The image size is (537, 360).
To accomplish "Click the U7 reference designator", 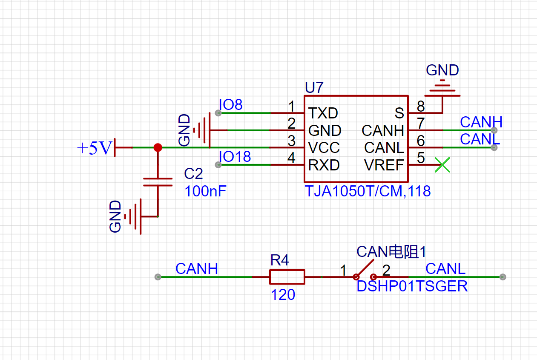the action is coord(314,87).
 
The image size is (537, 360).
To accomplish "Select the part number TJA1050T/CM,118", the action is coord(368,191).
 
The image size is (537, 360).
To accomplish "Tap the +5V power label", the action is coord(95,148).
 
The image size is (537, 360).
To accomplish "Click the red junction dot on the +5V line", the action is coord(158,147).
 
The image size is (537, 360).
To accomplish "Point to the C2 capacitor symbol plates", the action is coord(158,182).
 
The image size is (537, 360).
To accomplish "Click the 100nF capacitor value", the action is coord(205,191).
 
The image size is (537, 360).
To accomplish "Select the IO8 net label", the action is coord(231,104).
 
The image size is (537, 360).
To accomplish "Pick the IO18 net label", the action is coord(235,156).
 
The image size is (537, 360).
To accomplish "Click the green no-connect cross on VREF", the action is coord(442,165).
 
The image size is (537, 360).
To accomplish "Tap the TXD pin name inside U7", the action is coord(323,113).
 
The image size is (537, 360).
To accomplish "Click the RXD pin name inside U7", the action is coord(324,165).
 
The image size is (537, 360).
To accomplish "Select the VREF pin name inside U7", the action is coord(384,165).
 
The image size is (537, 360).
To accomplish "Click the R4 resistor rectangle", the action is coord(287,277).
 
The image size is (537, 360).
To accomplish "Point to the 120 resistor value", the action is coord(283,295).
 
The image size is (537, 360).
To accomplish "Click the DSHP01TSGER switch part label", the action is coord(412,286).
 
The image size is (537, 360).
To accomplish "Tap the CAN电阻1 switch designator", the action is coord(391,252).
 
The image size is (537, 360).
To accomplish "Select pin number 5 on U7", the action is coord(421,158).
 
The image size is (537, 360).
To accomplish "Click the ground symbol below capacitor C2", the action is coord(132,216).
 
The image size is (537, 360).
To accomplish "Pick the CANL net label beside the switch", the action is coord(445,269).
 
